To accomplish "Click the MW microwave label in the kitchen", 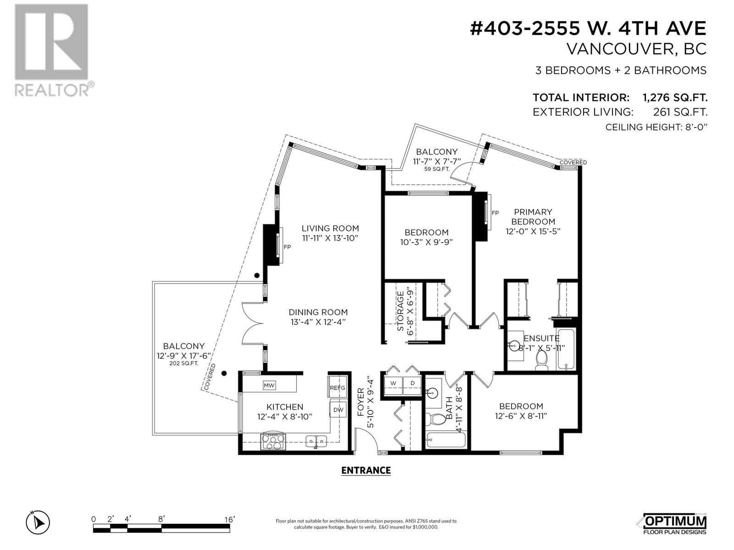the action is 269,385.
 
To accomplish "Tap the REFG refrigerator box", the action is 337,387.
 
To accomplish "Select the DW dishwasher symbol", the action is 338,410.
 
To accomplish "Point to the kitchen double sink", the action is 316,441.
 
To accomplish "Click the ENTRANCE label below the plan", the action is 366,471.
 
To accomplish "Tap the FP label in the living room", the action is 287,247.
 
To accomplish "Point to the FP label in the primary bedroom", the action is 495,213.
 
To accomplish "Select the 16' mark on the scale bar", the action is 229,520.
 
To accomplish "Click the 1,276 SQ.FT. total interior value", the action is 675,98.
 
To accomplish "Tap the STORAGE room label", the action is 400,311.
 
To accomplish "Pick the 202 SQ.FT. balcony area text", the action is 183,363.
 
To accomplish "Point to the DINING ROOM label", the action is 318,312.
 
